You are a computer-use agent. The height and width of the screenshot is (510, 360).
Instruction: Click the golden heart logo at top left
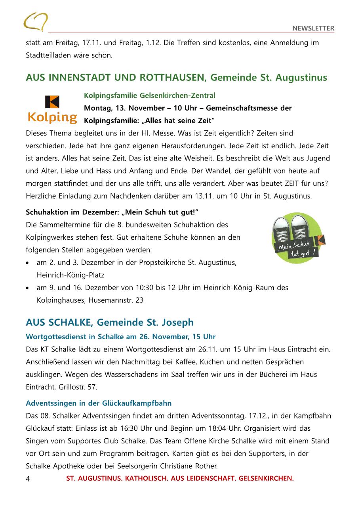click(x=36, y=21)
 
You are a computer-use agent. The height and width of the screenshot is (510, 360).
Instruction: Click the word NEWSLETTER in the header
click(x=313, y=28)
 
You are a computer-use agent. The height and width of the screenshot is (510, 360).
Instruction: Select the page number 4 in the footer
click(x=28, y=479)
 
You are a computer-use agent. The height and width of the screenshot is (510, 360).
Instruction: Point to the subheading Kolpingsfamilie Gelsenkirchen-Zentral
click(x=150, y=96)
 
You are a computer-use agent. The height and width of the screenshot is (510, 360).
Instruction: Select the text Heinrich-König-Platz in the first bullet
click(x=70, y=275)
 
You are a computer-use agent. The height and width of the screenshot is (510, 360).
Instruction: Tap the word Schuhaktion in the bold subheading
click(x=46, y=212)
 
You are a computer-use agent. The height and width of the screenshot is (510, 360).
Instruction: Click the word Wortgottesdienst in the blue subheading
click(x=55, y=337)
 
